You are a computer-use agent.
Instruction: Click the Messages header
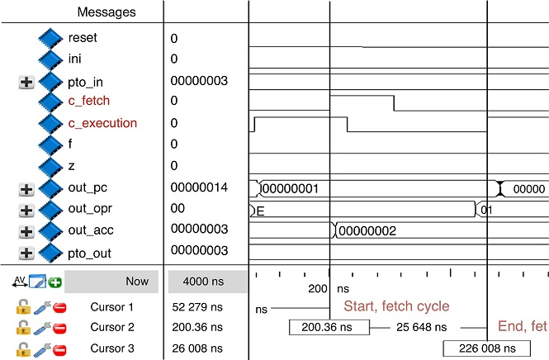106,12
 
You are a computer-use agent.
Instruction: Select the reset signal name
84,38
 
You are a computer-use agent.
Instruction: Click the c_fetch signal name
89,102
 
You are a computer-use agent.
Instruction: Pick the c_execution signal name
102,123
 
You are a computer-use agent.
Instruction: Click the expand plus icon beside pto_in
26,82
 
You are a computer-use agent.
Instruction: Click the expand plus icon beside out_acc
26,231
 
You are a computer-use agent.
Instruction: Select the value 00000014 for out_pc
199,187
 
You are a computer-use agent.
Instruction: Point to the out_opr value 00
177,209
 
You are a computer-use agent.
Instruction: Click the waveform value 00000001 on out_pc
296,189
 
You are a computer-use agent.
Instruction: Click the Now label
137,282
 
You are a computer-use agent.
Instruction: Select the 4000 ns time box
206,282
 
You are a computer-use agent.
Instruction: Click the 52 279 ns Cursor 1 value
197,307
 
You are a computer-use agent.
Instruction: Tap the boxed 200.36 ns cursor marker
327,328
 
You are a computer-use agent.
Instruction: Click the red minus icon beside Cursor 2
59,329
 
